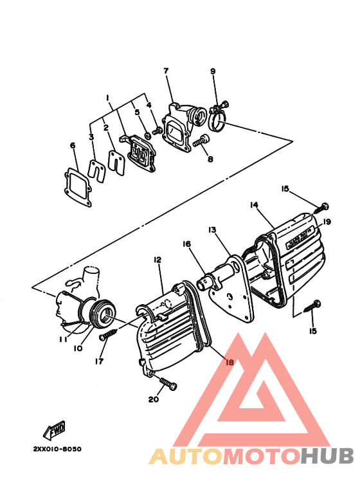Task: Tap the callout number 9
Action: (212, 71)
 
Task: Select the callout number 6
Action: (73, 145)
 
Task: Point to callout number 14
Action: (254, 205)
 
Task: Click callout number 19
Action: (327, 222)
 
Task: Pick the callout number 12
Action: (157, 259)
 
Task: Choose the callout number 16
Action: (186, 244)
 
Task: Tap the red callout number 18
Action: (230, 362)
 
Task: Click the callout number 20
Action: (153, 399)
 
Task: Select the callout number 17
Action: (100, 361)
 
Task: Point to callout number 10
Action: (77, 349)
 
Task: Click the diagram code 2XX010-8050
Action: (57, 449)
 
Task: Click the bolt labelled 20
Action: (168, 384)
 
